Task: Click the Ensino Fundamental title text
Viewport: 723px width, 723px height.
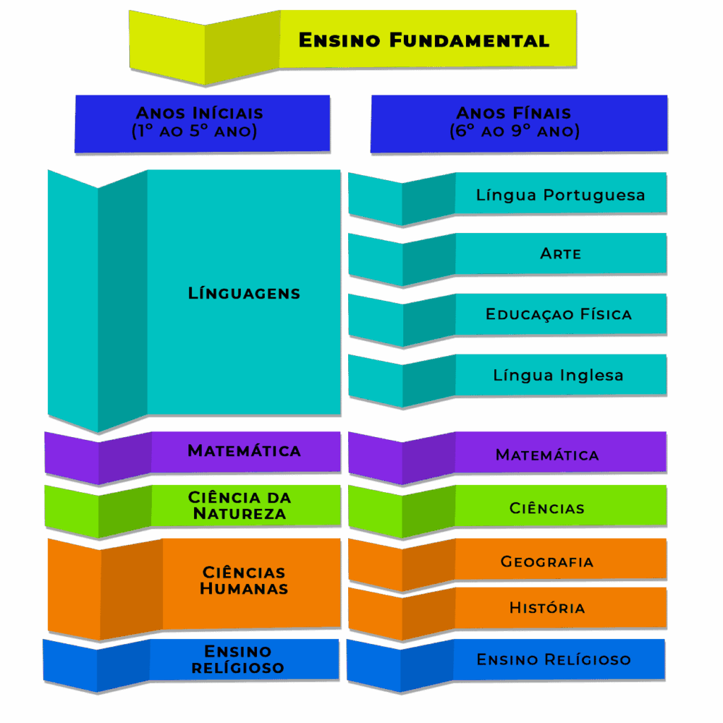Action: click(424, 40)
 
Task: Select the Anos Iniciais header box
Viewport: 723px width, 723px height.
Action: click(202, 123)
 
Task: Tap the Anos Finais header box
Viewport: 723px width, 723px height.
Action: click(518, 123)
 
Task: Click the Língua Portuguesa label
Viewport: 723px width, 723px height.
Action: click(561, 195)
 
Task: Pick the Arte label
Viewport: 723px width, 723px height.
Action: click(561, 253)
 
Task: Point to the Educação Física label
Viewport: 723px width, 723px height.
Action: click(558, 314)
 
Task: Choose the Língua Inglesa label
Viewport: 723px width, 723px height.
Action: click(558, 375)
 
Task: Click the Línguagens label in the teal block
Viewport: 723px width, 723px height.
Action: click(244, 293)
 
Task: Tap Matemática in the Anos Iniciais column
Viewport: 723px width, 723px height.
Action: click(244, 450)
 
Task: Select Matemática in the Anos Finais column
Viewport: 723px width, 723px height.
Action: click(547, 455)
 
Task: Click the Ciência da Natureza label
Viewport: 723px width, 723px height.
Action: click(240, 506)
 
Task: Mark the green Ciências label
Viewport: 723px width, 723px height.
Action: click(547, 508)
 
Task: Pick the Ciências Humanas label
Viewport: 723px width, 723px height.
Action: click(244, 580)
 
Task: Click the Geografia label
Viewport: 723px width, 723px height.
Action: click(547, 562)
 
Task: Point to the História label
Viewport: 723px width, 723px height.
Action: click(547, 608)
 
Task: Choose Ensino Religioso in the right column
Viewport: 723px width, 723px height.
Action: click(554, 659)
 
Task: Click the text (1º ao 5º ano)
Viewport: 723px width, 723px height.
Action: click(194, 131)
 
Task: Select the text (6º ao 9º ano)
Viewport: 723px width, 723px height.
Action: click(515, 131)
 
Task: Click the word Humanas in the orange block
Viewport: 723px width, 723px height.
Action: click(244, 589)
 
